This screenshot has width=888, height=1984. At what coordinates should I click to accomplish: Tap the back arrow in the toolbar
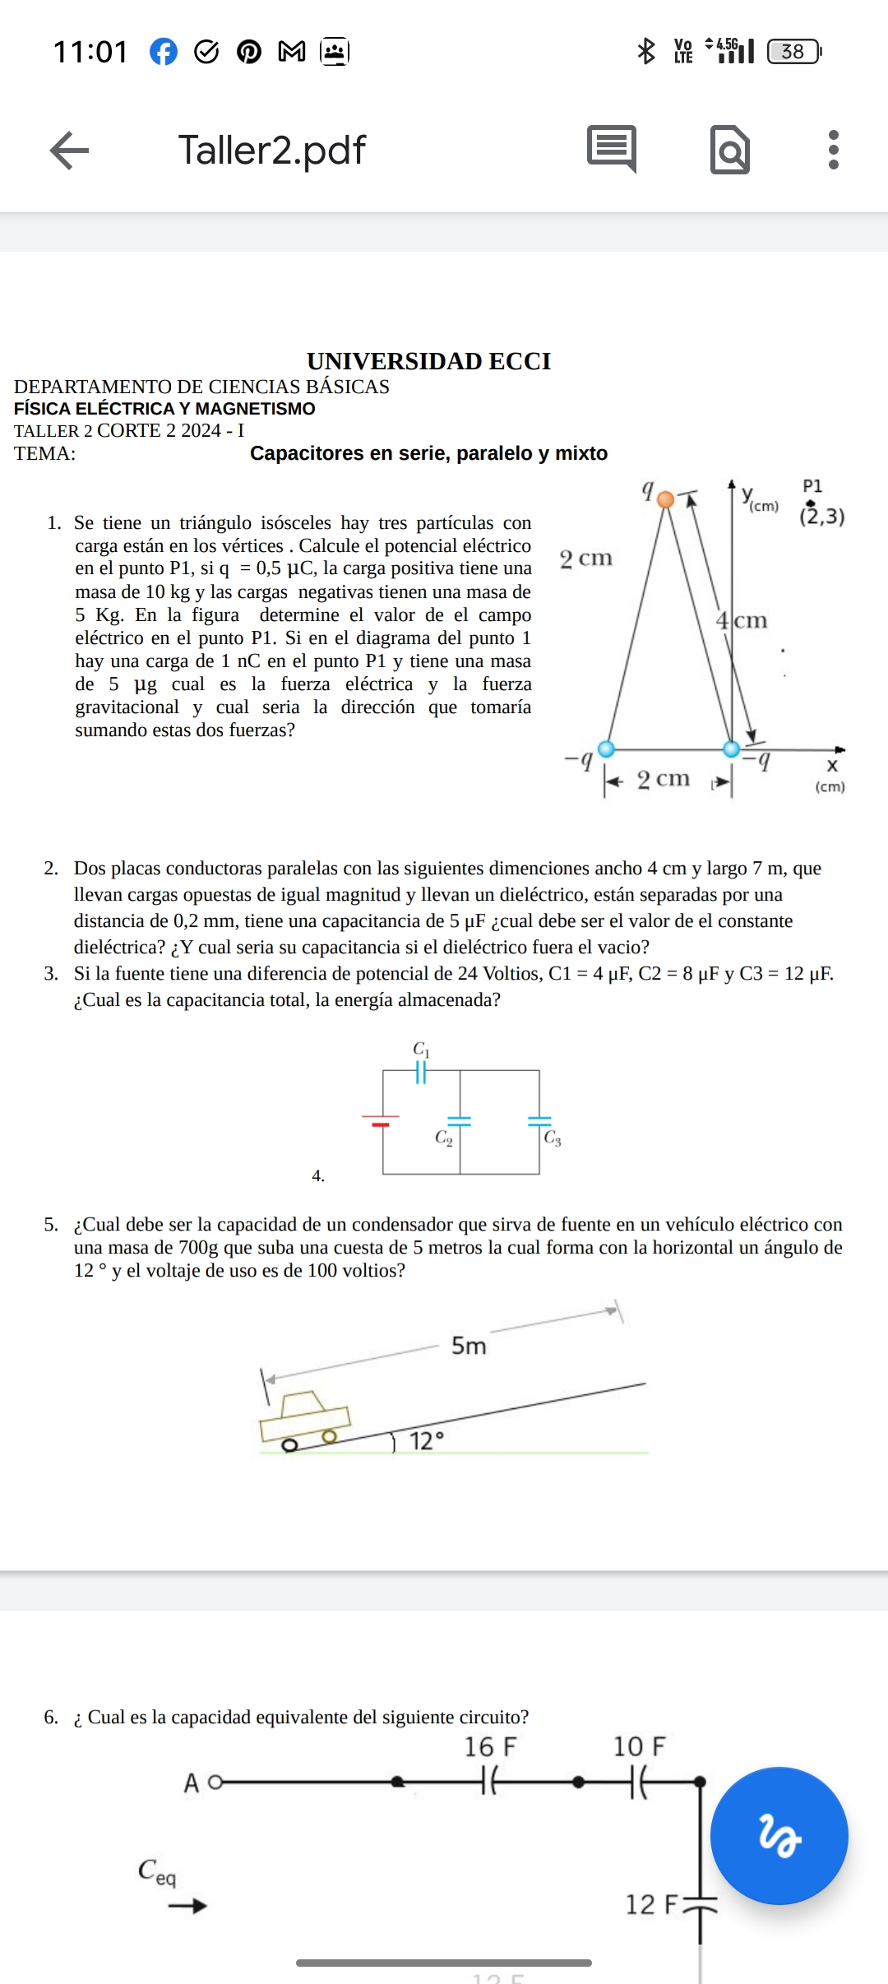tap(70, 151)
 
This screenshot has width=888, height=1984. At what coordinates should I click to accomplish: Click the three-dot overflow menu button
tap(833, 151)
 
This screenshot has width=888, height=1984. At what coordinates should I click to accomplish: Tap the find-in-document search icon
tap(729, 151)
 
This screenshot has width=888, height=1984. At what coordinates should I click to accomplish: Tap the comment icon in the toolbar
tap(612, 149)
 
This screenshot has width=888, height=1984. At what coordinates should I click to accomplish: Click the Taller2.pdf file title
tap(271, 151)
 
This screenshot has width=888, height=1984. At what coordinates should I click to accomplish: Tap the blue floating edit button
tap(778, 1835)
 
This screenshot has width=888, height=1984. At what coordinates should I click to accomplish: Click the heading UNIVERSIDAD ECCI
tap(428, 361)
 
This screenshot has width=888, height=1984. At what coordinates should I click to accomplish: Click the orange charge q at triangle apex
tap(666, 499)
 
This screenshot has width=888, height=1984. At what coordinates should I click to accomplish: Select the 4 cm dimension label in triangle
tap(741, 620)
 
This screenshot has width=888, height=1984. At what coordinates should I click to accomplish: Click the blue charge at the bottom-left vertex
tap(606, 749)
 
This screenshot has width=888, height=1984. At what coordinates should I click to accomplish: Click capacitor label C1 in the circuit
tap(421, 1049)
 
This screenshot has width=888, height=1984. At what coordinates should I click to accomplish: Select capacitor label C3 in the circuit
tap(553, 1138)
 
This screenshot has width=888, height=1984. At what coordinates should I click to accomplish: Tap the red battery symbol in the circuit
tap(380, 1120)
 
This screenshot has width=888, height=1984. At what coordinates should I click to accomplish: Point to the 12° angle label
tap(427, 1441)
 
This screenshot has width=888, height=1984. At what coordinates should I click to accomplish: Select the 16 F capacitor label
tap(490, 1746)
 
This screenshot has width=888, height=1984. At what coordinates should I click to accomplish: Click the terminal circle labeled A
tap(215, 1782)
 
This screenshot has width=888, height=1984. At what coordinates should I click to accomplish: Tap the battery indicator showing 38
tap(793, 52)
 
